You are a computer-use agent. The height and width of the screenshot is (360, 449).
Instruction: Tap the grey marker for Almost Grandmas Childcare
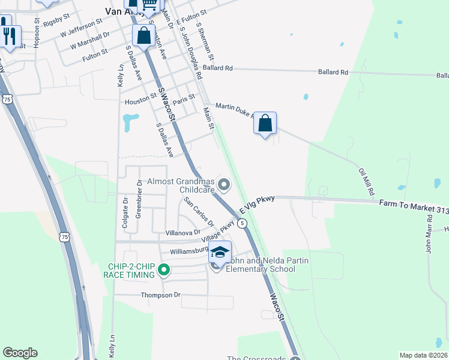coord(224,185)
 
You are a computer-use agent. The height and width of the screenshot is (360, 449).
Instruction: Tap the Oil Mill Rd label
coord(366,182)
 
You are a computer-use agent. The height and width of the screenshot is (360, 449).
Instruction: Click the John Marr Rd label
coord(429,239)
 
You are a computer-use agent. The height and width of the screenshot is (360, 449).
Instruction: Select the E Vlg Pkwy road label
coord(256,204)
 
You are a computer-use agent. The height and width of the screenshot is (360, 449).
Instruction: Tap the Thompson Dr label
coord(160,295)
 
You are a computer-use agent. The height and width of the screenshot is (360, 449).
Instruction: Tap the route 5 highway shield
coord(242,223)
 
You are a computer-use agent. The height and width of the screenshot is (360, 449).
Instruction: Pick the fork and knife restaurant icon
coord(9,36)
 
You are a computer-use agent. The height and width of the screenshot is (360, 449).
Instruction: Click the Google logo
coord(20,353)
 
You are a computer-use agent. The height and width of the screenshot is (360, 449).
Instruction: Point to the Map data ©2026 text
coord(423,355)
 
